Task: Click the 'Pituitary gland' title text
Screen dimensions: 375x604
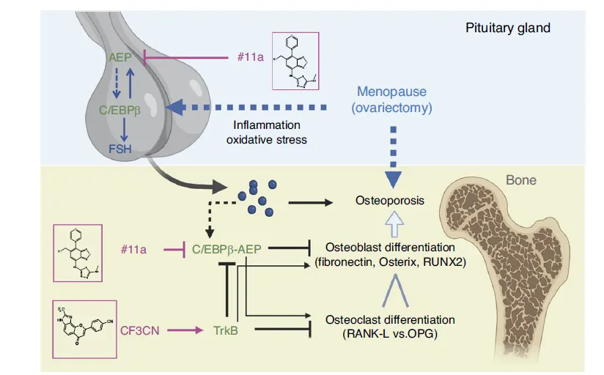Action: coord(507,29)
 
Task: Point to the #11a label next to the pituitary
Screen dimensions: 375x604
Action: coord(251,56)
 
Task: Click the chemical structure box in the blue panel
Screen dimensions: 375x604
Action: coord(301,62)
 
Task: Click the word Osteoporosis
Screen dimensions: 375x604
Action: coord(389,199)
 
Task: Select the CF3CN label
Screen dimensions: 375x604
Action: coord(142,331)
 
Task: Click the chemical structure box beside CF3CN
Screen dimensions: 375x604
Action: coord(84,327)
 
